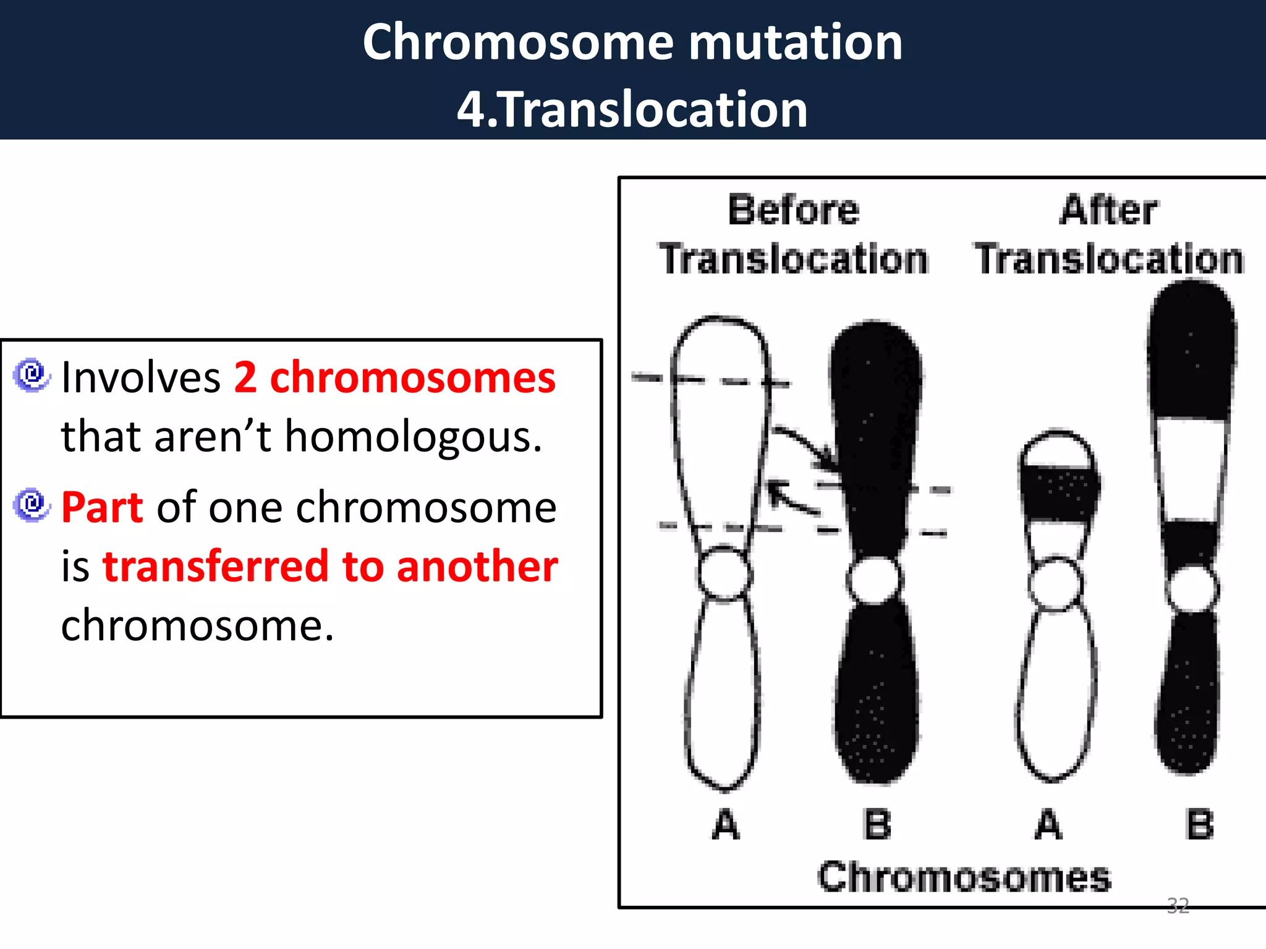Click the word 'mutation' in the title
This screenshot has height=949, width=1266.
tap(795, 42)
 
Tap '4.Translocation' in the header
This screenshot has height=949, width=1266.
tap(632, 109)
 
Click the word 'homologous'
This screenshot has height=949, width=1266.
tap(413, 436)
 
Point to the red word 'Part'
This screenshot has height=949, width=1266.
tap(102, 507)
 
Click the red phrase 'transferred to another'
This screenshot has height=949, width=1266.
tap(330, 566)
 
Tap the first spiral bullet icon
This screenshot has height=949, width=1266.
tap(31, 375)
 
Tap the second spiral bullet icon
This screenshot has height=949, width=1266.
tap(31, 505)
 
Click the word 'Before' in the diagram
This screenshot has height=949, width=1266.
tap(794, 210)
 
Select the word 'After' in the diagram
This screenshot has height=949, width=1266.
tap(1108, 210)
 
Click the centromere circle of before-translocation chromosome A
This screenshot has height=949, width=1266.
tap(724, 573)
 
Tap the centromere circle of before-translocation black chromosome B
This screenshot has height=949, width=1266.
tap(873, 580)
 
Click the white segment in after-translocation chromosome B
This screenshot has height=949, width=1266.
tap(1191, 470)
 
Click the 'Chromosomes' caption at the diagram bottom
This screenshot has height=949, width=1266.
tap(964, 877)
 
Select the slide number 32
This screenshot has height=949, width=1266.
tap(1178, 906)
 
